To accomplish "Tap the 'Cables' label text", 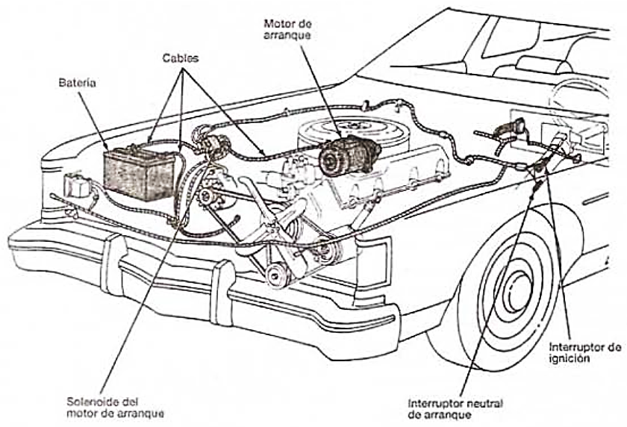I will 182,58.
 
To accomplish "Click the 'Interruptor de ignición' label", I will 584,352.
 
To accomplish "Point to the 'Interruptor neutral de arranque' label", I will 455,408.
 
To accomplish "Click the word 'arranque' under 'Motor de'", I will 288,36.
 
